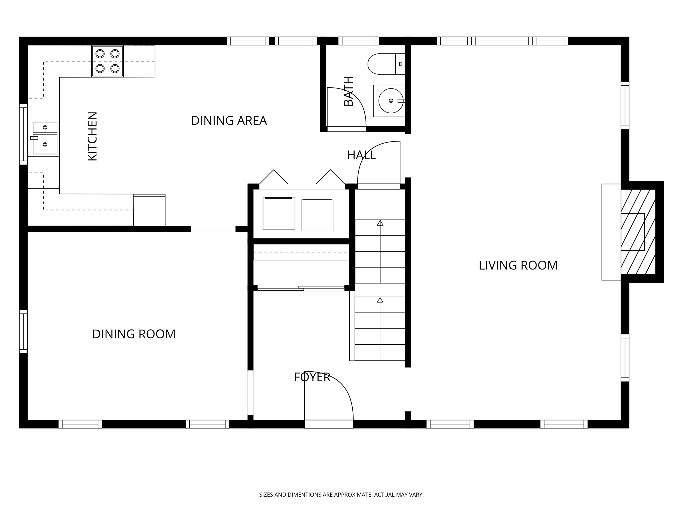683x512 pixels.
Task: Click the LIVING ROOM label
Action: pos(518,265)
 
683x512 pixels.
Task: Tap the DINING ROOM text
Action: pos(134,334)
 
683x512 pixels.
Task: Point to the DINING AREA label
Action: pos(229,120)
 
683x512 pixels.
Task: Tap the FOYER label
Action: pos(312,377)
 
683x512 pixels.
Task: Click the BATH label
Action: pos(348,91)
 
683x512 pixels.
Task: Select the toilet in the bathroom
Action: pos(386,64)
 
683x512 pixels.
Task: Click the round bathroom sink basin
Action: pos(391,101)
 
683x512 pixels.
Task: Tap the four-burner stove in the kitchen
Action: pos(107,61)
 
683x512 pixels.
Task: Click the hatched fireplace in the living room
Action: pos(638,232)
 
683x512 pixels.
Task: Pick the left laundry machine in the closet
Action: pos(279,214)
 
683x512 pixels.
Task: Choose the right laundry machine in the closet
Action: pos(317,215)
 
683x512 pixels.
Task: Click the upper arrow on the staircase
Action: pos(380,223)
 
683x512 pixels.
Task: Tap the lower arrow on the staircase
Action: pos(380,300)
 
